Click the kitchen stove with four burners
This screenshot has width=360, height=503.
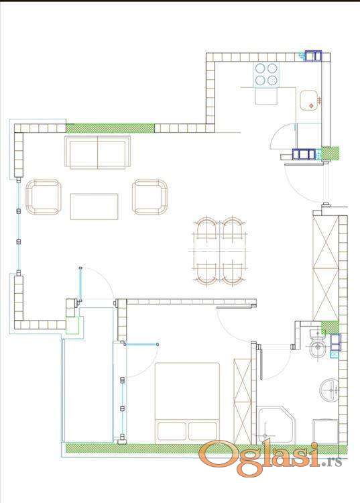click(266, 74)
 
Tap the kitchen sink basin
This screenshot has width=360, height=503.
click(309, 101)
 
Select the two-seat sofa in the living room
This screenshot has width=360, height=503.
click(97, 152)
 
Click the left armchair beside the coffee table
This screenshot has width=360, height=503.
click(44, 197)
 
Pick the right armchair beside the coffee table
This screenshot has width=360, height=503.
click(149, 197)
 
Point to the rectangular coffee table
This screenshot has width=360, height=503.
click(95, 207)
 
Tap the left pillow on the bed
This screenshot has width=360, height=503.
click(172, 431)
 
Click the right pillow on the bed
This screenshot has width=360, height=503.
click(202, 431)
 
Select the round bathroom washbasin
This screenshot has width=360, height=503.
click(329, 389)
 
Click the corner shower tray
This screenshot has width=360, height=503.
click(276, 425)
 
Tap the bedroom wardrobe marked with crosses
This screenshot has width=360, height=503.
click(243, 401)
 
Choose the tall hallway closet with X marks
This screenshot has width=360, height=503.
click(325, 268)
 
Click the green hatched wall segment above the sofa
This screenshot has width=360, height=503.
click(110, 128)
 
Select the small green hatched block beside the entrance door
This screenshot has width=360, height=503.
click(331, 153)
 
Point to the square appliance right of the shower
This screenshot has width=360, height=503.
click(325, 431)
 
